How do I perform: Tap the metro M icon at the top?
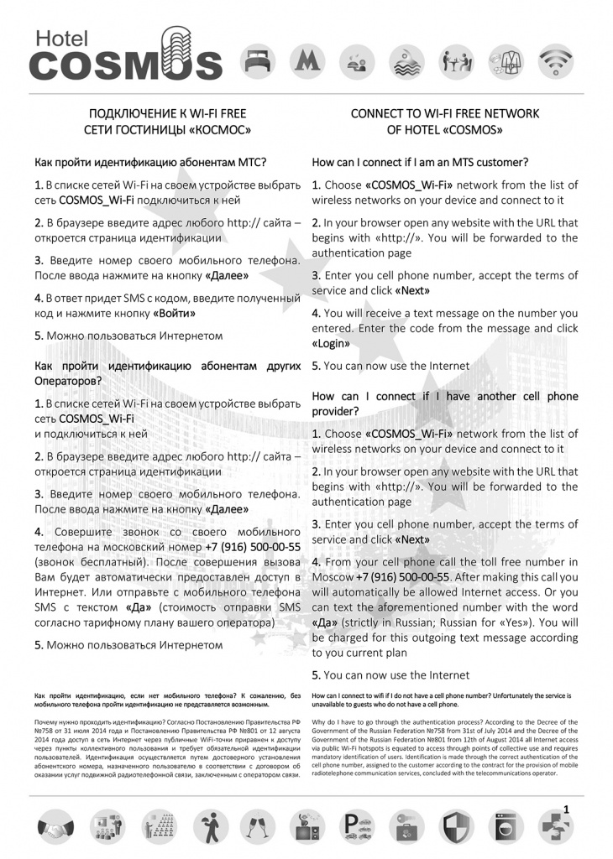point(305,60)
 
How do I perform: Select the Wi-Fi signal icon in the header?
point(554,60)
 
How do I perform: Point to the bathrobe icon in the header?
point(506,60)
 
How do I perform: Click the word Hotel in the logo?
point(60,35)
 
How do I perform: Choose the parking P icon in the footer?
point(356,829)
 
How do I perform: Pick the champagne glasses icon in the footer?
point(254,829)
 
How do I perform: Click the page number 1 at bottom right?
point(567,809)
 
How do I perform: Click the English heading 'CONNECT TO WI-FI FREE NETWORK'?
point(444,113)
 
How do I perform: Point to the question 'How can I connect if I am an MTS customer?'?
point(420,162)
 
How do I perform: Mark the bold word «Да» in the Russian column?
point(139,608)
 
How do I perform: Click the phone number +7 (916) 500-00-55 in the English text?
point(403,577)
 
